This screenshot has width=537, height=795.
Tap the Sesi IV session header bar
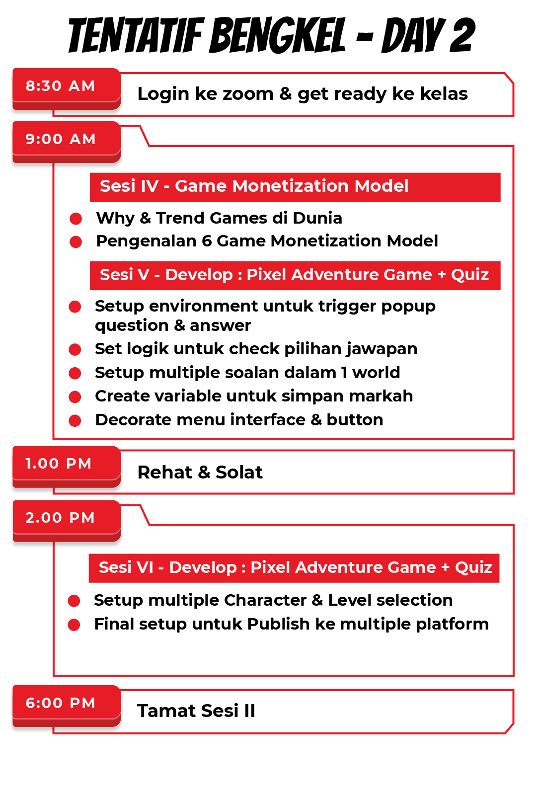point(295,187)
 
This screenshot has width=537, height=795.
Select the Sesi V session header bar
point(295,275)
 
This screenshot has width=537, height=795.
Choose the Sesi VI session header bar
point(294,568)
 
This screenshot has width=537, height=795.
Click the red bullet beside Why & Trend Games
point(76,219)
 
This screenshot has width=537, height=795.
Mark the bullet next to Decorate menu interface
point(75,421)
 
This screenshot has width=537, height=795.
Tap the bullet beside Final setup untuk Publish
point(74,625)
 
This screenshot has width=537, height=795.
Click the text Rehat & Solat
point(200,473)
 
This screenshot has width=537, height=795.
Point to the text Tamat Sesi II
point(196,711)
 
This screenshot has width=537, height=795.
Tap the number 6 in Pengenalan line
point(207,241)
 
